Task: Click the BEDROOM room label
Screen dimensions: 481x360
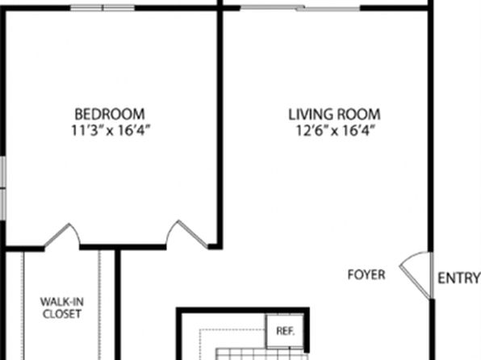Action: click(110, 114)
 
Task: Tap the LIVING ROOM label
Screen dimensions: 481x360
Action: click(334, 114)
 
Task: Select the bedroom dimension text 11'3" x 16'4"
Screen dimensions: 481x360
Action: click(111, 130)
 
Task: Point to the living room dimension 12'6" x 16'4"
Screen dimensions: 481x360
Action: click(336, 130)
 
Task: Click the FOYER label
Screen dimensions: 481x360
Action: click(366, 274)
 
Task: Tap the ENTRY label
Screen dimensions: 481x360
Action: click(458, 278)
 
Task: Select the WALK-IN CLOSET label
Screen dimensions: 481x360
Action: click(62, 308)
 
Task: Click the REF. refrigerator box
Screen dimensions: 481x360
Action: click(285, 331)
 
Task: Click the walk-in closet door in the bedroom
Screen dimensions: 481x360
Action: click(62, 236)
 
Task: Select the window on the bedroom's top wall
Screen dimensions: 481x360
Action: click(102, 8)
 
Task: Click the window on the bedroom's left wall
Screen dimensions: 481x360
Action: click(2, 188)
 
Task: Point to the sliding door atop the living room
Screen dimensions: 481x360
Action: click(300, 8)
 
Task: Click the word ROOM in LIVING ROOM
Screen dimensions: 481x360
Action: click(358, 114)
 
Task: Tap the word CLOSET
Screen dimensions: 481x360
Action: click(62, 314)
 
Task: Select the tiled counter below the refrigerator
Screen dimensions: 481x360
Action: click(261, 354)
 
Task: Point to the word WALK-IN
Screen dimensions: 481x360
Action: click(62, 302)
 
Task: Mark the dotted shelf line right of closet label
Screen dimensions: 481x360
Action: click(99, 306)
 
